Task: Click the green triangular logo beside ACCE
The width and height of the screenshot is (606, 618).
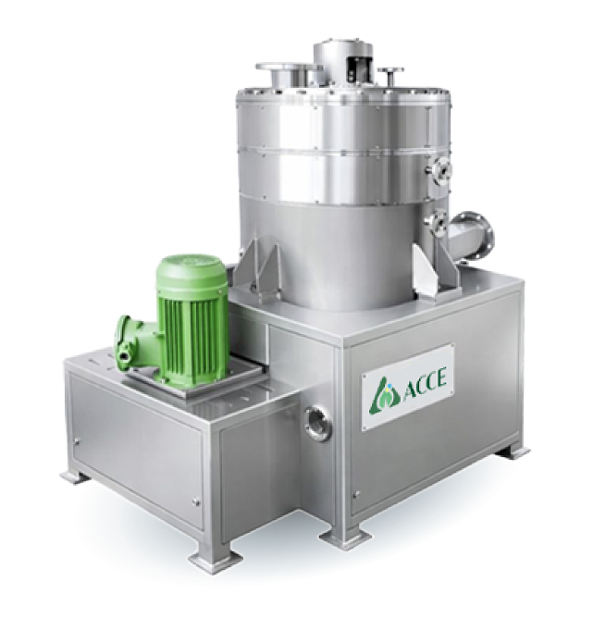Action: (x=381, y=394)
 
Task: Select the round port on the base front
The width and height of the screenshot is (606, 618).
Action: (x=317, y=422)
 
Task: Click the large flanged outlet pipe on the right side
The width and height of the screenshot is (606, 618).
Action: (x=472, y=237)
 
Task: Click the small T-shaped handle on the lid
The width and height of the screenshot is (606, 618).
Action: (x=390, y=78)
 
